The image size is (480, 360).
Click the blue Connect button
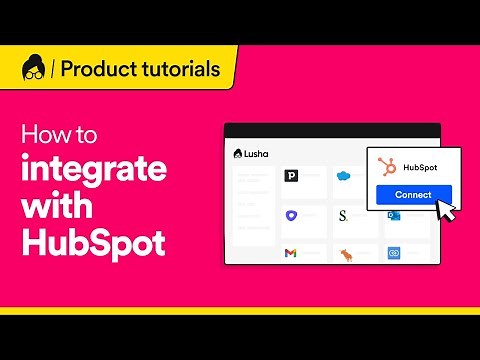(x=413, y=194)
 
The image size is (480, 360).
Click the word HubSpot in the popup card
(x=418, y=167)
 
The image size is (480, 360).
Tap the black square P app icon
(x=292, y=177)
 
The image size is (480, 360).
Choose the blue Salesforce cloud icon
(x=345, y=176)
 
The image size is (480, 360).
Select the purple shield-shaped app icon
(x=292, y=215)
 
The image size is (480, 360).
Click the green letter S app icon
(x=344, y=215)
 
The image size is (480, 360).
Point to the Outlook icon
(x=394, y=216)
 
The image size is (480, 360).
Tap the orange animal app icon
(x=346, y=253)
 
